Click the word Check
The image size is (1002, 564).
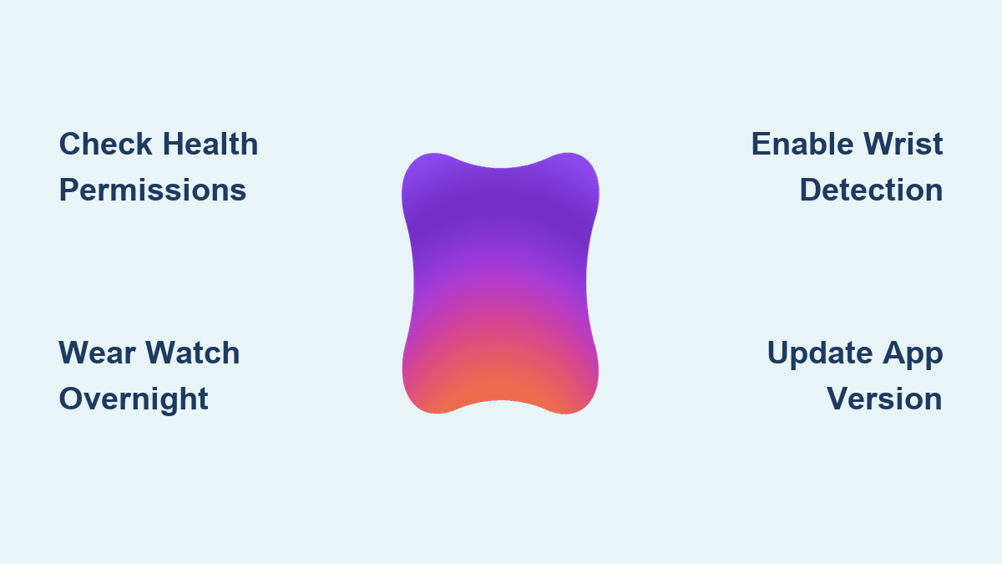[105, 144]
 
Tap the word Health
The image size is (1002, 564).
[210, 144]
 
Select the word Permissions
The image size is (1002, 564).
[153, 191]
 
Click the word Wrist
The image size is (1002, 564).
[903, 144]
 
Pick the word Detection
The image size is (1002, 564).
[872, 191]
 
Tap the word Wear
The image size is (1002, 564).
[97, 353]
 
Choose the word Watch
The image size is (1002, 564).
[193, 353]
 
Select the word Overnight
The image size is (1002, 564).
[134, 399]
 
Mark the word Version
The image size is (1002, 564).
[885, 399]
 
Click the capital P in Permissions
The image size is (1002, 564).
[69, 190]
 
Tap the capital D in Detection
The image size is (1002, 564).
[811, 190]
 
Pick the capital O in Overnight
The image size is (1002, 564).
[71, 399]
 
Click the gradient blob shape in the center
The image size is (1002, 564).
[500, 283]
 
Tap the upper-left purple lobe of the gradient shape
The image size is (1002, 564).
[432, 179]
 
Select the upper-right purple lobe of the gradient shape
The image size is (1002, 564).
[569, 179]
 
